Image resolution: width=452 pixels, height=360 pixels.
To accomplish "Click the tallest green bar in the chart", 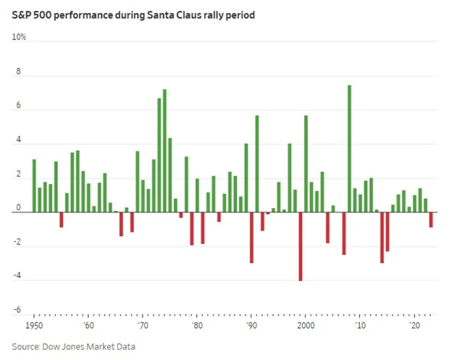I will [349, 148].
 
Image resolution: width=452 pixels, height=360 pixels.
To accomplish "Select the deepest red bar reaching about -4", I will [301, 246].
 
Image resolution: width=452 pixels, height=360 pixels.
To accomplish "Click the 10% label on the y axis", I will [19, 36].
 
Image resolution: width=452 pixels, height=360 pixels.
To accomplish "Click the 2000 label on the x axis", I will [306, 327].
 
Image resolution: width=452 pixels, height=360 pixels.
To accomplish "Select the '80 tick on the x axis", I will [197, 327].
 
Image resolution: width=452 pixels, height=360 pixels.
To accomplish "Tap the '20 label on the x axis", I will [415, 327].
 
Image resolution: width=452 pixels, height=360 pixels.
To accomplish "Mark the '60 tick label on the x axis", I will [88, 327].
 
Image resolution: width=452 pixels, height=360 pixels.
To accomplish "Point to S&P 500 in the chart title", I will [30, 14].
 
